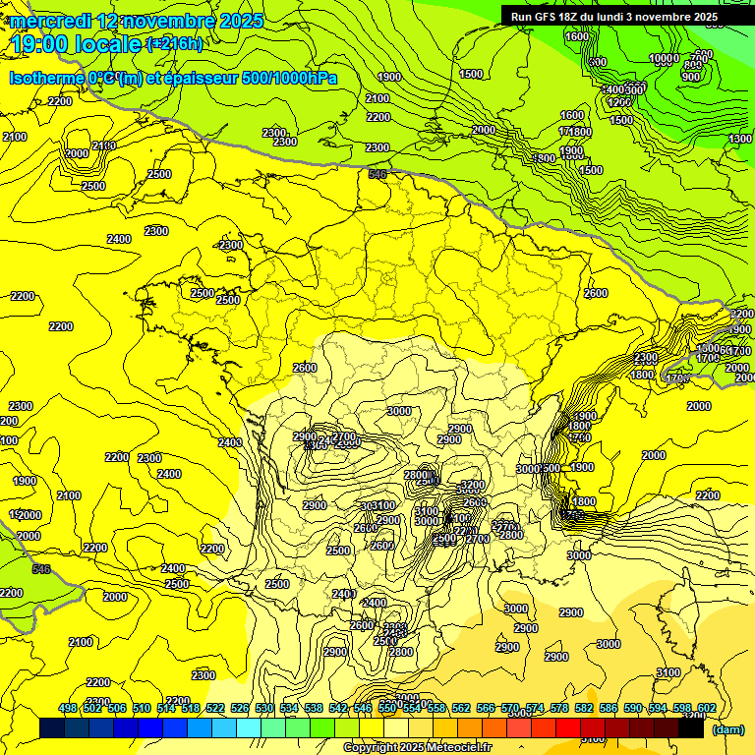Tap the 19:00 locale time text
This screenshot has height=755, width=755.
[75, 44]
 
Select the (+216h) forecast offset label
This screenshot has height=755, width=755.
[175, 44]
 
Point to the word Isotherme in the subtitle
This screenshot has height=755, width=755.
[47, 78]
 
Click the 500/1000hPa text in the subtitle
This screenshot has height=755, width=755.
[291, 78]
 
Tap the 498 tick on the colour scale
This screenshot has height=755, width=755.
[68, 709]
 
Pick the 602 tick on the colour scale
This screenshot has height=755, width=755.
[706, 709]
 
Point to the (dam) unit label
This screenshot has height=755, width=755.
[727, 729]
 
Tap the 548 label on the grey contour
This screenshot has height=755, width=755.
[377, 174]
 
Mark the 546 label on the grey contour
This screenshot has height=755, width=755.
[41, 569]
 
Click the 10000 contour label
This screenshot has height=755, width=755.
[665, 58]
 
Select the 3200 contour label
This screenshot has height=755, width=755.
[473, 485]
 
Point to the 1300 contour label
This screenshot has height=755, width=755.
[740, 140]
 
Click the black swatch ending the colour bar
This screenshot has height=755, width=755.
[691, 728]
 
